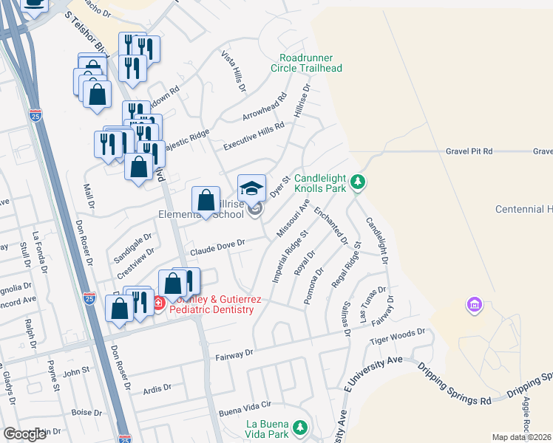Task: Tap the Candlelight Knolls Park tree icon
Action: pos(358,181)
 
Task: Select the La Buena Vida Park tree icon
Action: pos(299,427)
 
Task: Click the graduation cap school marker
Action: pos(251,188)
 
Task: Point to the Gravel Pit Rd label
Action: pos(469,151)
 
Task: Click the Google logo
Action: pos(24,434)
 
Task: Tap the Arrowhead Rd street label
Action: pos(265,109)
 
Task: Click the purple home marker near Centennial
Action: pos(474,304)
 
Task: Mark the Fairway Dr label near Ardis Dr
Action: pos(234,354)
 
